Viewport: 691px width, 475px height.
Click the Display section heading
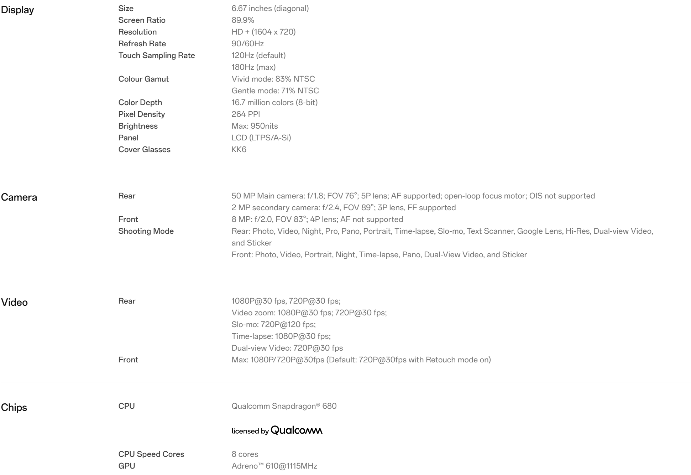pos(17,10)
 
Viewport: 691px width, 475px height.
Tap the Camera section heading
pos(19,197)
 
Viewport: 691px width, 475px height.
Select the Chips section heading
pos(14,408)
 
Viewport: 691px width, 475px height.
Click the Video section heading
pos(14,303)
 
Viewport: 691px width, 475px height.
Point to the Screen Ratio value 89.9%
pos(243,20)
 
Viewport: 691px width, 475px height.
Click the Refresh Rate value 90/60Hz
pos(247,44)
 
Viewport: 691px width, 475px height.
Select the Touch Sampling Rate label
pos(157,56)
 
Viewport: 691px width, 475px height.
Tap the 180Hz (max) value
pos(253,67)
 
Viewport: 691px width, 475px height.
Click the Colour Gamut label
pos(143,79)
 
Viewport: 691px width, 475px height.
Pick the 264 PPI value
pos(246,114)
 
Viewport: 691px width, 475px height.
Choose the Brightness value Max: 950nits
pos(255,126)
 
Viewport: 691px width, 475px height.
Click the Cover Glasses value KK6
pos(239,150)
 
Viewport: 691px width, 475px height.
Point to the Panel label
pos(128,138)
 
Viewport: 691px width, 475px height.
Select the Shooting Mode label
pos(146,231)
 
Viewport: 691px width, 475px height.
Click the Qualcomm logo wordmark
pos(296,430)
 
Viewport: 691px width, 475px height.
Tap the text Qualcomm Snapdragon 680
pos(284,406)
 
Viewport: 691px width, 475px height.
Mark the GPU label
pos(127,466)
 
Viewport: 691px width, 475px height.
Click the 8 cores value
pos(245,454)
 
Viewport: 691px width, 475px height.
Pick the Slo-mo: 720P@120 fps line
pos(273,325)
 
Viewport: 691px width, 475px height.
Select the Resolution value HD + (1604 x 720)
pos(263,32)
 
